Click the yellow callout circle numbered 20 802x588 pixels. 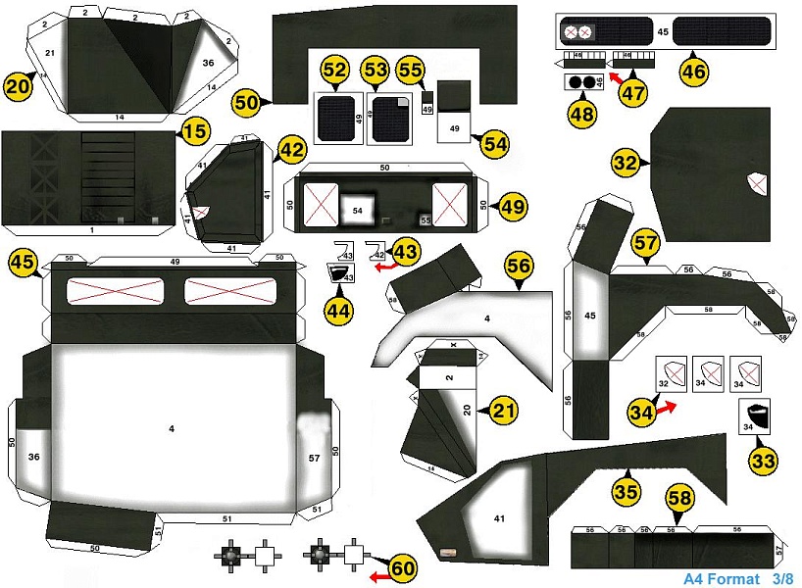click(18, 86)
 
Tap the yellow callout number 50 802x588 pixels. click(246, 101)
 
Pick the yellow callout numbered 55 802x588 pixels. click(410, 71)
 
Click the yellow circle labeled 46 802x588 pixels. click(694, 71)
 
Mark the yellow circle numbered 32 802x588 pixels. click(626, 164)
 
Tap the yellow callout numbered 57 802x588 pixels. click(644, 245)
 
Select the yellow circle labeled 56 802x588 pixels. click(519, 267)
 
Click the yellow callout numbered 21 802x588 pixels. click(503, 411)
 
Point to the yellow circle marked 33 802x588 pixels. click(763, 458)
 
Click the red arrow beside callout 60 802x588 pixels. click(379, 577)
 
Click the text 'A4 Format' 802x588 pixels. click(721, 578)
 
